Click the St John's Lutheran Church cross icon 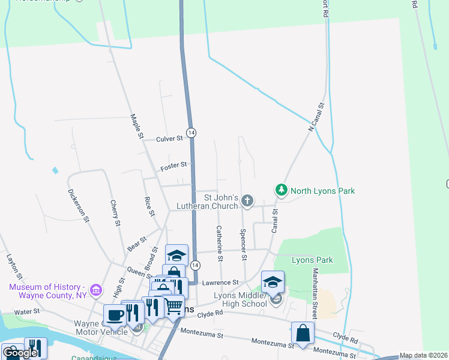click(x=247, y=200)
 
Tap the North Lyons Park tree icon click(x=280, y=190)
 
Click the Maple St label click(x=137, y=127)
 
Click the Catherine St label click(x=220, y=244)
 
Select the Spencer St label click(x=243, y=244)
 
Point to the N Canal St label click(x=316, y=116)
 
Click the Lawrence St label click(x=220, y=282)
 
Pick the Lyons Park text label click(x=312, y=260)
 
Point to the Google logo click(x=20, y=353)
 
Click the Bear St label click(x=137, y=244)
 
